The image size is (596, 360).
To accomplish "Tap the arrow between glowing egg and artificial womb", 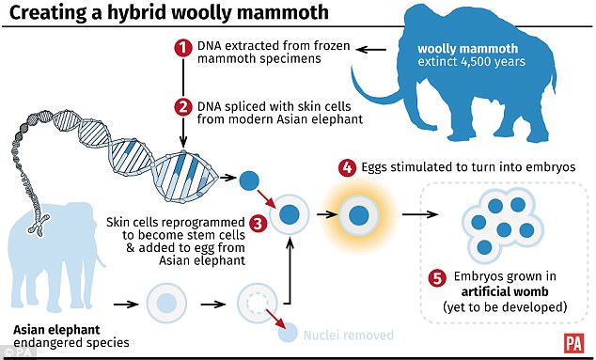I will pyautogui.click(x=418, y=214).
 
